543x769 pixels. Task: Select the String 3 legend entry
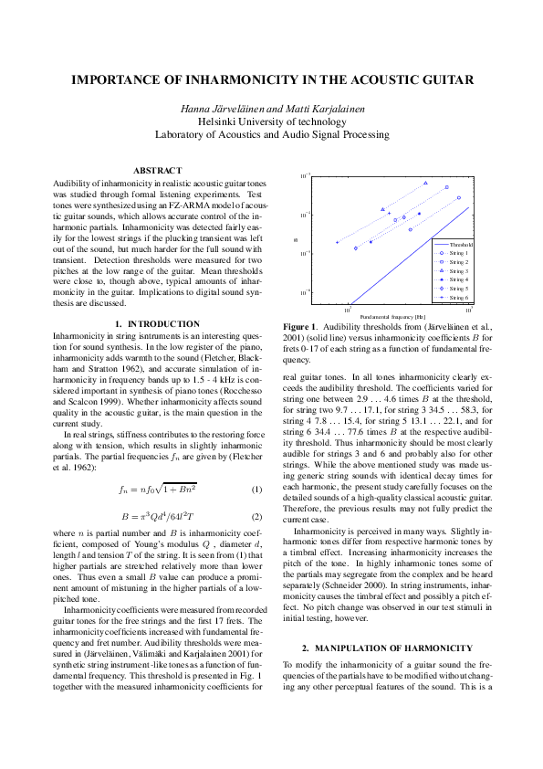459,271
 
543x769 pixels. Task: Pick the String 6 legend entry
459,297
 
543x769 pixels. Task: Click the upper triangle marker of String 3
425,183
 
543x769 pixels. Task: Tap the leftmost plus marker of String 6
338,242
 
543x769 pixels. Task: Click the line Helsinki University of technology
271,121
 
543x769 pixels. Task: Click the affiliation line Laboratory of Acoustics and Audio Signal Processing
271,133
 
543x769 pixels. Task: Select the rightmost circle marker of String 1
459,197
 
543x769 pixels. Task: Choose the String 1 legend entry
459,254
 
